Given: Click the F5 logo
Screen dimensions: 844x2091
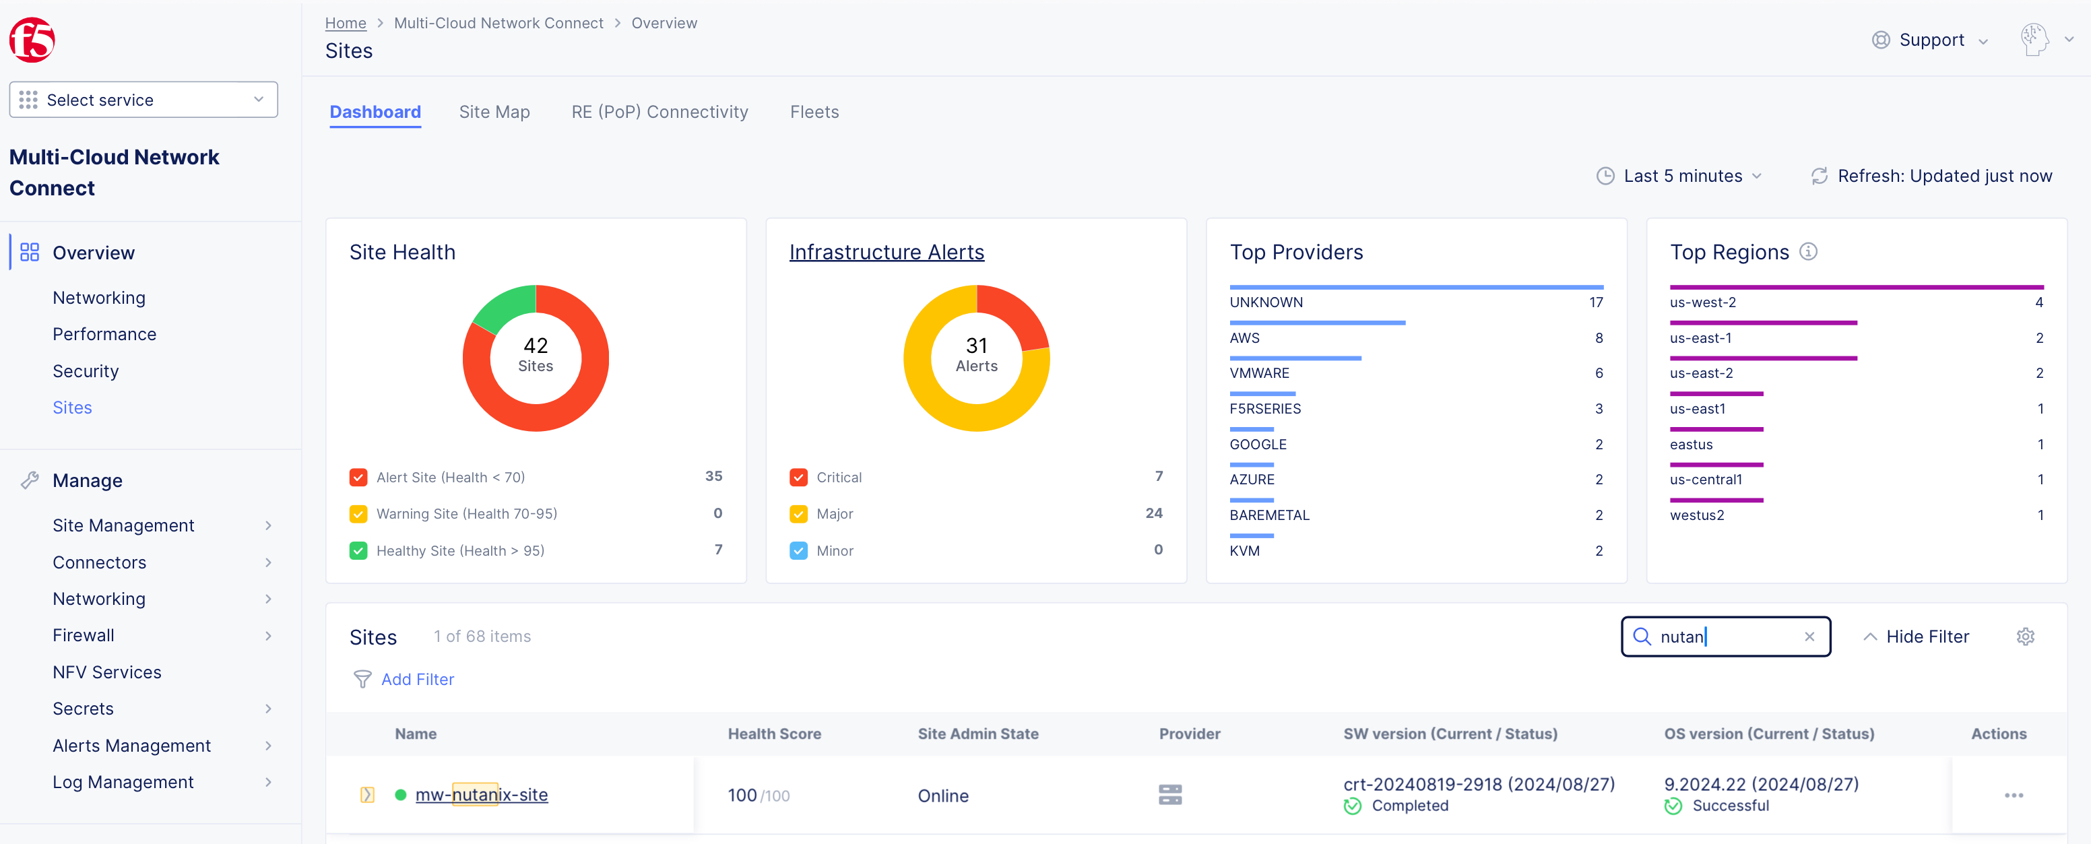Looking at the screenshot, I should tap(32, 40).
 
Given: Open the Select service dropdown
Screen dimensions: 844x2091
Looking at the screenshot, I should tap(143, 100).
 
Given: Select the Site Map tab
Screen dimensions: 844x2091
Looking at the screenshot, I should tap(494, 112).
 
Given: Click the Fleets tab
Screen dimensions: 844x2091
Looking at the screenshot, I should tap(814, 112).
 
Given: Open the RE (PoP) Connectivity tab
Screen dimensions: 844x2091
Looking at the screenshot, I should tap(659, 112).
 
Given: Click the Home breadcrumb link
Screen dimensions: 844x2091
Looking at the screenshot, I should tap(345, 23).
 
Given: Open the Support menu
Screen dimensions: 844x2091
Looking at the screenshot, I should tap(1929, 40).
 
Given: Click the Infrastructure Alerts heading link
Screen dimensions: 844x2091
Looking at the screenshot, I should tap(887, 253).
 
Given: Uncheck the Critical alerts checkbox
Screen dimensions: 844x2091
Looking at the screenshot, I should tap(798, 477).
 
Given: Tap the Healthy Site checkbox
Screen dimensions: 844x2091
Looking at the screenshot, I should tap(358, 550).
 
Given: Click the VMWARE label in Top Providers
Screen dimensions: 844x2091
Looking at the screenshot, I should tap(1259, 373).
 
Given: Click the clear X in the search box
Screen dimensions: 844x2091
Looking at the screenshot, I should tap(1809, 637).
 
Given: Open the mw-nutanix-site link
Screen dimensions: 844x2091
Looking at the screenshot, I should tap(482, 795).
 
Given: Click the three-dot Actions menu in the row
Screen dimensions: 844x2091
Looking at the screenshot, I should tap(2013, 796).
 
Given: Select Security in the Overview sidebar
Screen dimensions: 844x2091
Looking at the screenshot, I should tap(86, 371).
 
